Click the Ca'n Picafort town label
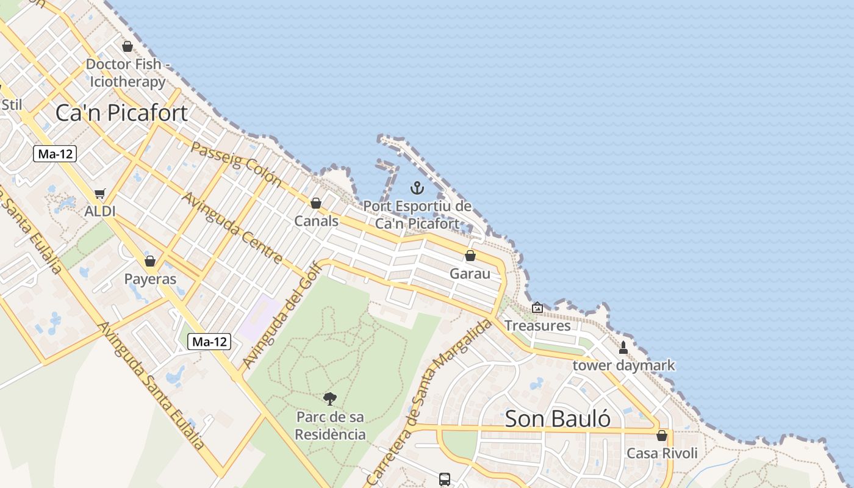[x=121, y=113]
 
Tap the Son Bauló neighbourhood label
[x=558, y=418]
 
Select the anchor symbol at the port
[x=417, y=187]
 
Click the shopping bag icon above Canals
[x=316, y=203]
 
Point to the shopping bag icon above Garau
[x=470, y=256]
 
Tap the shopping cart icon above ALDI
[x=99, y=193]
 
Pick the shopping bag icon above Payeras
[x=150, y=261]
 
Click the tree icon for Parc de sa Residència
[x=330, y=399]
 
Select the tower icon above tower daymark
[x=623, y=348]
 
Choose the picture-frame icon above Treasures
[x=537, y=307]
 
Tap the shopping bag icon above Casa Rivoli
[x=662, y=436]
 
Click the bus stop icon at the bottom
[x=445, y=479]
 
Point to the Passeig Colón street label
[x=237, y=163]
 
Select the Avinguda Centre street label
[x=232, y=228]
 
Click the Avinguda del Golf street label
[x=282, y=315]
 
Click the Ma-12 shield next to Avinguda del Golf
[x=209, y=342]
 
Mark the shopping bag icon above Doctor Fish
[x=127, y=46]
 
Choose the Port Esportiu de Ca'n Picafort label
[x=417, y=215]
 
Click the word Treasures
[x=537, y=326]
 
